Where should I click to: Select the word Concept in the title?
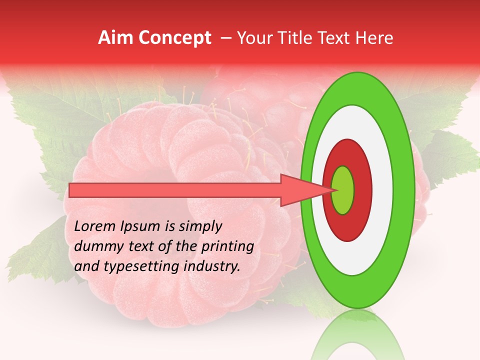pyautogui.click(x=174, y=38)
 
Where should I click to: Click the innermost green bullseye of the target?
pyautogui.click(x=342, y=190)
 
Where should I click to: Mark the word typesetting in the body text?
pyautogui.click(x=137, y=267)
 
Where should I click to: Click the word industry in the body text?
pyautogui.click(x=213, y=266)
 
